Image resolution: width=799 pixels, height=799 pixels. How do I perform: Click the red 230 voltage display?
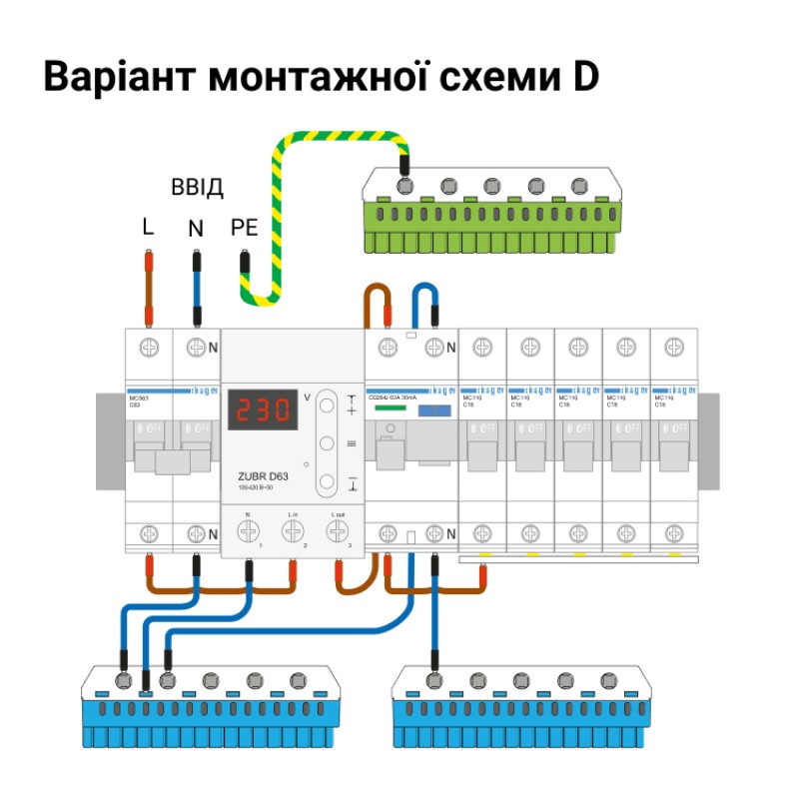click(263, 409)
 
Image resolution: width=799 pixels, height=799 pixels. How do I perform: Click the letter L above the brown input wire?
click(148, 228)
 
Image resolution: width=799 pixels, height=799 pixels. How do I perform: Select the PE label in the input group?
click(244, 228)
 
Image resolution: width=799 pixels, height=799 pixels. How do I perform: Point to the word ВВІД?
click(197, 188)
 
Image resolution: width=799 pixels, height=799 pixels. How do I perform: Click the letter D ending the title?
click(584, 78)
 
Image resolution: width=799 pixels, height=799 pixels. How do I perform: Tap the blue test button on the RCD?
click(432, 410)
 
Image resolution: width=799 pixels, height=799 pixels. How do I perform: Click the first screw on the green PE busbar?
click(404, 185)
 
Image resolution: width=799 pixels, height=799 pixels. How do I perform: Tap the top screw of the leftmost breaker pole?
click(149, 347)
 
